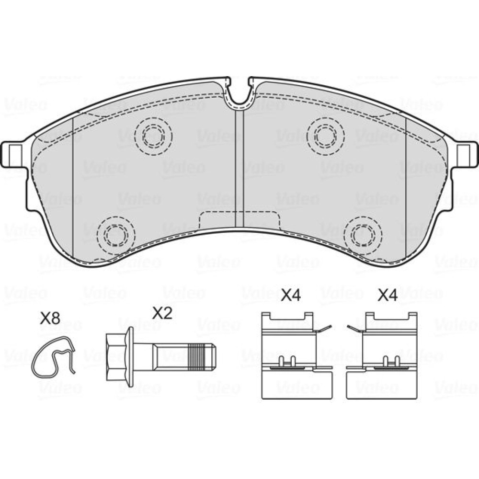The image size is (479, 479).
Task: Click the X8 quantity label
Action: pos(50,319)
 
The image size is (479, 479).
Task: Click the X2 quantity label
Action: pos(162,313)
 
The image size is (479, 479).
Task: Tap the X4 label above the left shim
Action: pos(291,296)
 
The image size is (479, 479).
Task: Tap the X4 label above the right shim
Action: pos(388,296)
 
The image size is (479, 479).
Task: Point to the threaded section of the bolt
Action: pos(197,357)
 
